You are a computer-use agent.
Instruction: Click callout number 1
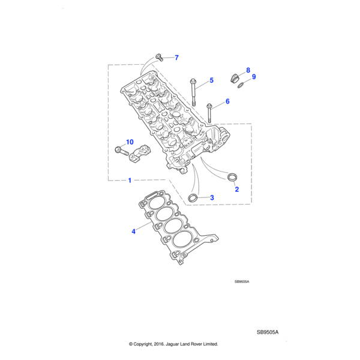click(130, 180)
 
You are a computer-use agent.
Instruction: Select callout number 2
click(236, 190)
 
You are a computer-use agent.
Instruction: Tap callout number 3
click(212, 197)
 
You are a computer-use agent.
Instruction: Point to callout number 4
click(133, 230)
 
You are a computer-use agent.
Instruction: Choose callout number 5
click(211, 80)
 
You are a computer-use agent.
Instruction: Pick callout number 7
click(176, 58)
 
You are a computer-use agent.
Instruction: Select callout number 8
click(248, 70)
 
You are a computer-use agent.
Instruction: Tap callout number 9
click(254, 77)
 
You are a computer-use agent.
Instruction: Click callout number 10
click(128, 143)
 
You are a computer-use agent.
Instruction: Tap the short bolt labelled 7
click(160, 57)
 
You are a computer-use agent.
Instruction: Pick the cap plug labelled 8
click(235, 77)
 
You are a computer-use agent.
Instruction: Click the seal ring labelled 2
click(232, 177)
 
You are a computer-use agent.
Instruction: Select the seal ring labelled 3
click(193, 197)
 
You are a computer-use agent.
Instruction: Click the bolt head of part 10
click(118, 150)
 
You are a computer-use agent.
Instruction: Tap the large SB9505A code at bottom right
click(268, 332)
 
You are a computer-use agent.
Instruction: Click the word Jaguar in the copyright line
click(178, 344)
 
